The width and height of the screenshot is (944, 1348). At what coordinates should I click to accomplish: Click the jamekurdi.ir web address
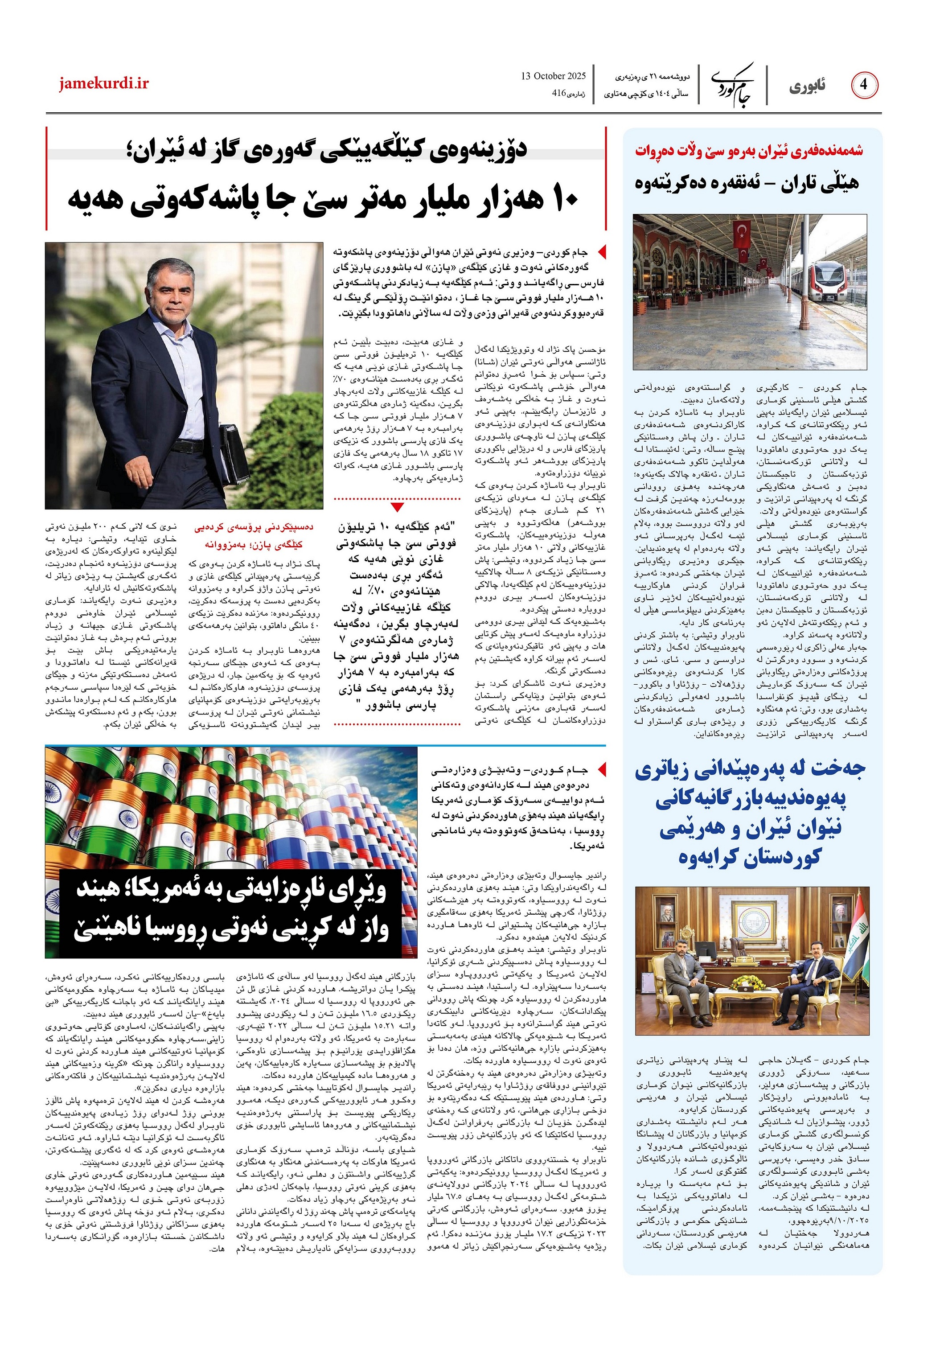(104, 84)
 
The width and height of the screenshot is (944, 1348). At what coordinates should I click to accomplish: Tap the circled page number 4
(864, 85)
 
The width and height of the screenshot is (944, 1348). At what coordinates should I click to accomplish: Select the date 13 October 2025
(553, 76)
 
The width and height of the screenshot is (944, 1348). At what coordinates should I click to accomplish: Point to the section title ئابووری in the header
(807, 86)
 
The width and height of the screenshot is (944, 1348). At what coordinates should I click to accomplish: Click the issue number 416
(558, 93)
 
